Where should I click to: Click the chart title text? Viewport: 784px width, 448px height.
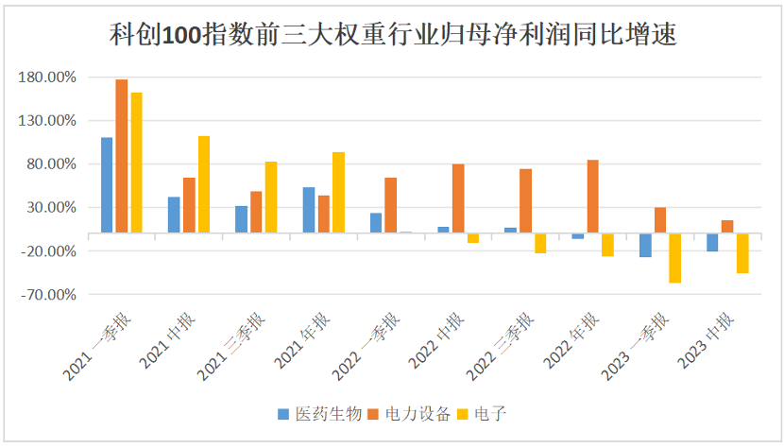392,36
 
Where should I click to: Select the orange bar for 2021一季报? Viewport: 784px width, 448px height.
122,156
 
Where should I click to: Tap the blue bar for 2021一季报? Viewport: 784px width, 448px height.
107,184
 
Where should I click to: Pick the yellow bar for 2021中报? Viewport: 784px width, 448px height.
204,184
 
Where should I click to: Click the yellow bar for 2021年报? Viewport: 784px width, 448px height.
338,192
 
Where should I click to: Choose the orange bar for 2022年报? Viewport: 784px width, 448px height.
592,197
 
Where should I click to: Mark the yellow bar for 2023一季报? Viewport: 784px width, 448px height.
674,257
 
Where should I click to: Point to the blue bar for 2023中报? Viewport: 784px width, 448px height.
712,242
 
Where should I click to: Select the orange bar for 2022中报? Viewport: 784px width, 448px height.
458,198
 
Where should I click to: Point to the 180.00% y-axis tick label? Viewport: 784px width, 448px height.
47,77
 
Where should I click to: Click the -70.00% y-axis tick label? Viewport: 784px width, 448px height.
47,295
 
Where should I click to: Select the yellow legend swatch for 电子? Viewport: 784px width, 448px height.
463,414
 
